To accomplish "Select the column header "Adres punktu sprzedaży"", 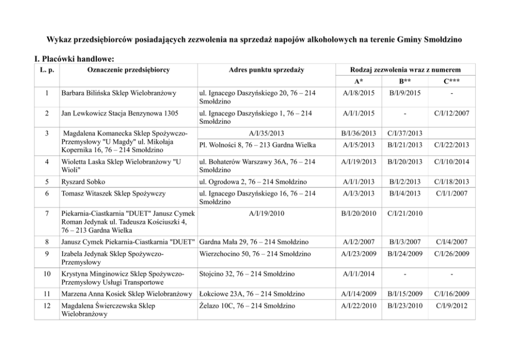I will (x=267, y=69).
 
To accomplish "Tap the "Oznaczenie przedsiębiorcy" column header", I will (x=128, y=69).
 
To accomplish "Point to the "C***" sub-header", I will (x=452, y=81).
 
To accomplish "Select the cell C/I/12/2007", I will (x=452, y=112).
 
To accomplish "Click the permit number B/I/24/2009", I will (x=405, y=253).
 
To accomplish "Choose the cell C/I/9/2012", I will (x=452, y=306).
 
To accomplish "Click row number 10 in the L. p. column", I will (x=47, y=274).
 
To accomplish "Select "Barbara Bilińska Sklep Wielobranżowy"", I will (x=119, y=93).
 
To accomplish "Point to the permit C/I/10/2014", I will (x=452, y=162).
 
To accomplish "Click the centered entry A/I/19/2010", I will (x=267, y=212).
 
